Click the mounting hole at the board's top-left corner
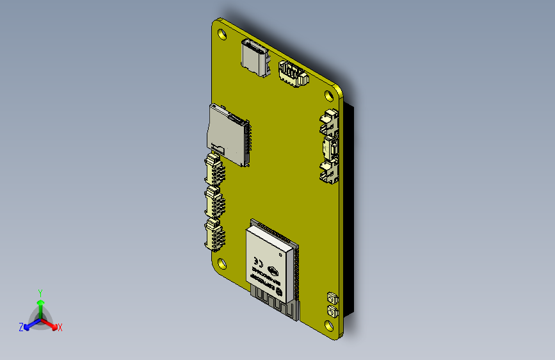[x=222, y=32]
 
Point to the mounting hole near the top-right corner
[x=328, y=95]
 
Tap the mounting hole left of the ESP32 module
[x=222, y=263]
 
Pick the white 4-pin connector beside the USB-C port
[x=291, y=74]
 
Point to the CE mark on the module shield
[x=259, y=261]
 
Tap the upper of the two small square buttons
[x=332, y=298]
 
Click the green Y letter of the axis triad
[x=40, y=292]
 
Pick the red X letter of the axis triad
[x=60, y=327]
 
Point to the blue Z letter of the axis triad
[x=21, y=327]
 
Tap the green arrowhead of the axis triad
[x=40, y=302]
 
